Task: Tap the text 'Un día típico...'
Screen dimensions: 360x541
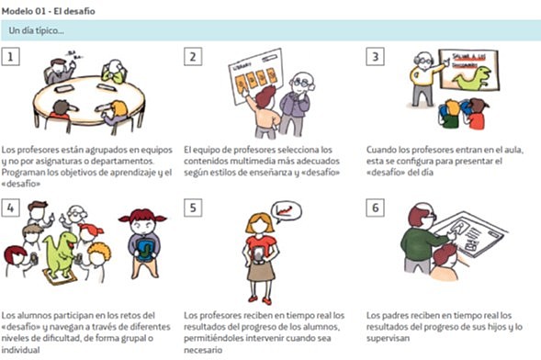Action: point(36,31)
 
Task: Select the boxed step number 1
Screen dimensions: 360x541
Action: point(11,58)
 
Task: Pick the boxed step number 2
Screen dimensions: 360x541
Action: point(193,58)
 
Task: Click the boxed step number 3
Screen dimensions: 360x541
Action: point(374,58)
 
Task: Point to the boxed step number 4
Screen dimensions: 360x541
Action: point(11,208)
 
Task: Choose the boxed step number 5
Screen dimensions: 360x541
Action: point(193,208)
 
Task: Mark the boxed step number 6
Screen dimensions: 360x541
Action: point(374,208)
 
